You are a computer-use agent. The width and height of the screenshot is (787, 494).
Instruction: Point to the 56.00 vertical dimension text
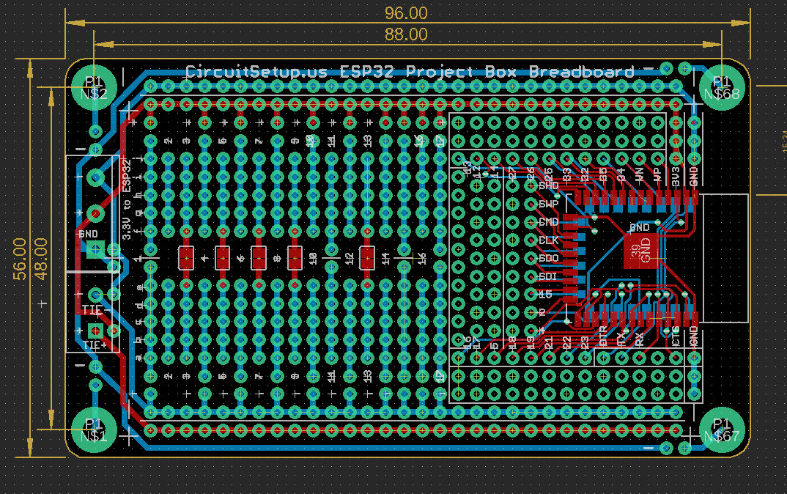tap(20, 258)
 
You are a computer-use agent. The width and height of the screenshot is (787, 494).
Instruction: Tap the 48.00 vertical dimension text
tap(40, 258)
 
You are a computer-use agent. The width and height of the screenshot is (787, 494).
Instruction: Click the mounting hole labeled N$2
tap(95, 87)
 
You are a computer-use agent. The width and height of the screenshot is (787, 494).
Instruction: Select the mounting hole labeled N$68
tap(722, 87)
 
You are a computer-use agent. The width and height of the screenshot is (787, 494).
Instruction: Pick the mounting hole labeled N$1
tap(95, 430)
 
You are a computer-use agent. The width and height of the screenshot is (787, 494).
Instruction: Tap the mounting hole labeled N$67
tap(722, 430)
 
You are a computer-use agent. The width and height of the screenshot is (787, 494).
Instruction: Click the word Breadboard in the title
tap(581, 72)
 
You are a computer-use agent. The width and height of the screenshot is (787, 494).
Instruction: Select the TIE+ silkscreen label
tap(95, 345)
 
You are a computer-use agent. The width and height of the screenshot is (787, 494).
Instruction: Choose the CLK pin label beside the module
tap(548, 240)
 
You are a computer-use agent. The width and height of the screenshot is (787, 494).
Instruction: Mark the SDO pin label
tap(548, 259)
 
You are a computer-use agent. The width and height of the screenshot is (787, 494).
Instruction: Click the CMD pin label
tap(548, 222)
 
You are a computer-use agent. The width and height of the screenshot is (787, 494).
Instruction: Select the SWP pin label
tap(548, 204)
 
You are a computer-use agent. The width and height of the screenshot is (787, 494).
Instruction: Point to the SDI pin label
tap(548, 276)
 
